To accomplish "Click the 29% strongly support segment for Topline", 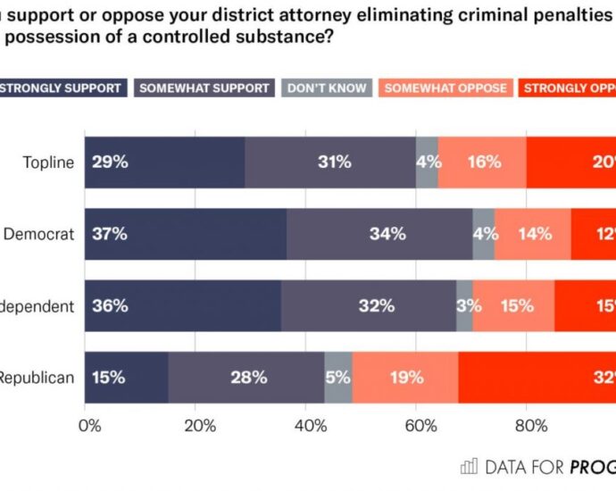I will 165,162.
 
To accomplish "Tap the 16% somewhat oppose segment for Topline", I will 482,162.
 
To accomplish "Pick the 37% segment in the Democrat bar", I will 186,234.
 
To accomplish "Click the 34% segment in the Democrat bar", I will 379,234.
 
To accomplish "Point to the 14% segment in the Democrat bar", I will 533,234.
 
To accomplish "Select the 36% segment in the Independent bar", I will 183,305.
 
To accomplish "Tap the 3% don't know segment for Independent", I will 464,305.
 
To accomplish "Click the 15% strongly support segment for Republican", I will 127,377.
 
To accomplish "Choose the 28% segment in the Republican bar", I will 246,377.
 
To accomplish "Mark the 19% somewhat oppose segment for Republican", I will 405,377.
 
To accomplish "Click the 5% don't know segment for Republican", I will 338,377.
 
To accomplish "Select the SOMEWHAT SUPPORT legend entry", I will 204,87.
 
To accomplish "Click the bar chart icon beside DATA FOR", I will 469,466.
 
